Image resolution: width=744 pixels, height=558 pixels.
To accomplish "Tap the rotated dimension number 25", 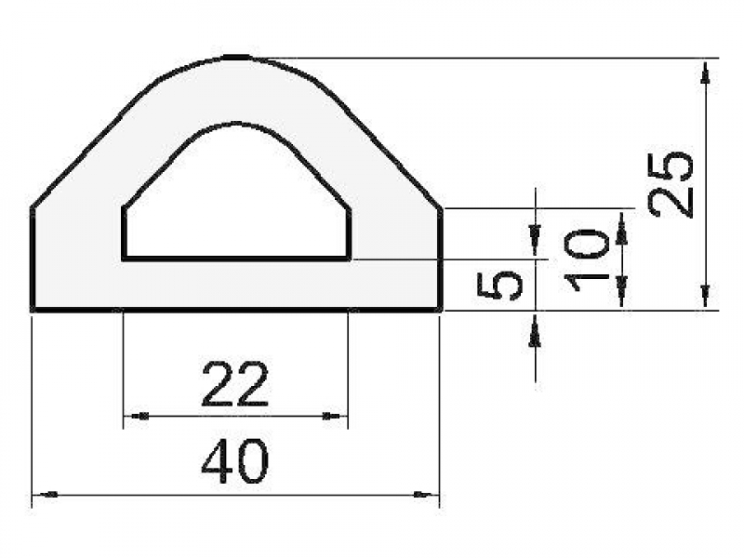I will click(672, 183).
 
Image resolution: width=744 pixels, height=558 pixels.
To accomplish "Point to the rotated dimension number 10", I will click(588, 259).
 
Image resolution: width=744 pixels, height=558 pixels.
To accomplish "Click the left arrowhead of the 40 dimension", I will click(42, 495).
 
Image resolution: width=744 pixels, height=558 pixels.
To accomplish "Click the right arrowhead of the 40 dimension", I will click(429, 495).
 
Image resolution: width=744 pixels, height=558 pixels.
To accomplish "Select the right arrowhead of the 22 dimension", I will click(337, 416).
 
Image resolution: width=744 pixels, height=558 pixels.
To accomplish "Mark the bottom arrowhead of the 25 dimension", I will click(706, 298).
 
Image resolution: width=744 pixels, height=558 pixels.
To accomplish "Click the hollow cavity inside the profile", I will click(237, 205).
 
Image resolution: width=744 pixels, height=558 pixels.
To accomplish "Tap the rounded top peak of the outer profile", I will click(237, 58).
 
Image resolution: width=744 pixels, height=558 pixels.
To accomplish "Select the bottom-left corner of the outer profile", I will click(33, 309).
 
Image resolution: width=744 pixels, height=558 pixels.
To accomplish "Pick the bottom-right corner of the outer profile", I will click(440, 309).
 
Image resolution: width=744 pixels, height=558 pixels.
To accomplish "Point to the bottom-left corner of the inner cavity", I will click(125, 258).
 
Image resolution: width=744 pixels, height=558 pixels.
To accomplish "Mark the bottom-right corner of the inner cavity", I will click(349, 258).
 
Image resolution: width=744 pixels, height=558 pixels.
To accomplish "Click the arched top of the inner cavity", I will click(237, 123).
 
